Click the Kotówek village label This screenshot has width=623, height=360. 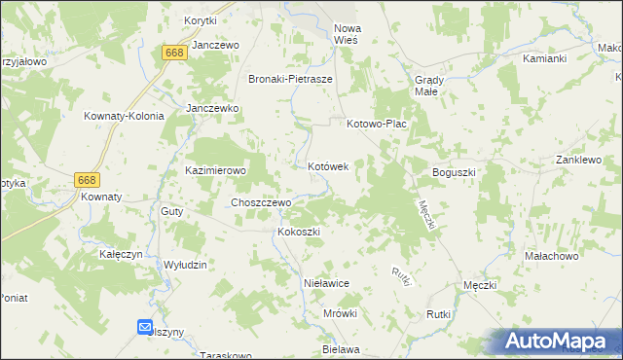point(328,167)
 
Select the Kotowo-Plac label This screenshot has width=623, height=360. point(376,125)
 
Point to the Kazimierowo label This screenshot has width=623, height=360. point(216,169)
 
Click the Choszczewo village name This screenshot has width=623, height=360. point(260,202)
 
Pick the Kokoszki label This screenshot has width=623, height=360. point(299,233)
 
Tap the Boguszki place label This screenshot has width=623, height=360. point(454,172)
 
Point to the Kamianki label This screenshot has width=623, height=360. point(544,58)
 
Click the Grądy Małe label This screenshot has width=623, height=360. point(430,85)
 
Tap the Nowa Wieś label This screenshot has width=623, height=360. point(346,35)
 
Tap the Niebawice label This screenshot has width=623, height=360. point(326,283)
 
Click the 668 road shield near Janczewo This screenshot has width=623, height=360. point(174,53)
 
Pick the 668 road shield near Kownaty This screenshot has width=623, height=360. point(87,180)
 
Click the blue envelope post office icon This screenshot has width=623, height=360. point(145,328)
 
